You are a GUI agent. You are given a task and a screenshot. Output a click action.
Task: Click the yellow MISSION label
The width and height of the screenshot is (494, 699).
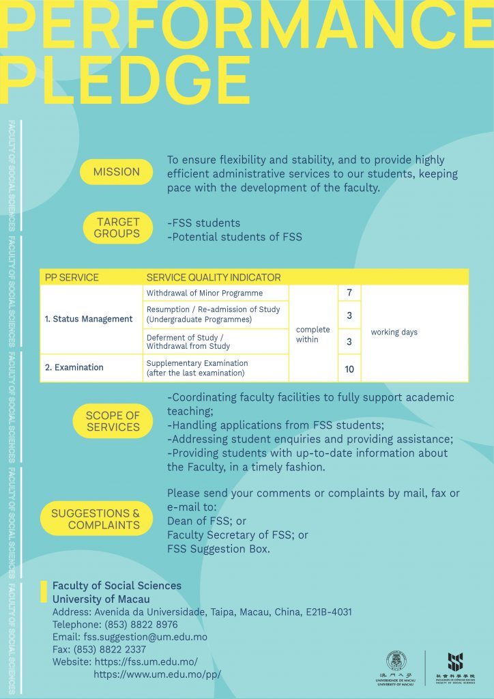click(116, 172)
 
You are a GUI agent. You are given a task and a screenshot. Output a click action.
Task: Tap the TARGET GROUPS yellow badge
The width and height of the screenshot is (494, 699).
click(117, 228)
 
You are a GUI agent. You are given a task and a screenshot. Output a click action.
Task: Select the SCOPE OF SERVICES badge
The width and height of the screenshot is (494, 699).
click(113, 421)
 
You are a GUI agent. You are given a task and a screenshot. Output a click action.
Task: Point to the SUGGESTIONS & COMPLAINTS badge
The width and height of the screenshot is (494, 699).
click(96, 519)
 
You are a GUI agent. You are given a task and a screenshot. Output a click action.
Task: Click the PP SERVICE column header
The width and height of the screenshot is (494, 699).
click(72, 277)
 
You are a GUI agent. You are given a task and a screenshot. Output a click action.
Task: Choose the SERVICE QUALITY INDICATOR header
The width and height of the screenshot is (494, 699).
click(214, 277)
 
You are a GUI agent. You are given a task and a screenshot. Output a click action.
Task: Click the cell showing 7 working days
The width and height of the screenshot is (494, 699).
click(349, 293)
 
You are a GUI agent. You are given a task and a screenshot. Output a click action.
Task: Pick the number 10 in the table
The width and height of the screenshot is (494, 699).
click(349, 369)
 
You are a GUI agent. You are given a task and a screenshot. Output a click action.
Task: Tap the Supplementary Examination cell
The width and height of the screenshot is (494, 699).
click(197, 368)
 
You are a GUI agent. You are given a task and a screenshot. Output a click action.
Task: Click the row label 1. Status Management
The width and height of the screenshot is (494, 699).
click(89, 319)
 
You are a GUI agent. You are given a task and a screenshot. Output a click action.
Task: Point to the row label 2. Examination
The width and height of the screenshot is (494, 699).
click(74, 367)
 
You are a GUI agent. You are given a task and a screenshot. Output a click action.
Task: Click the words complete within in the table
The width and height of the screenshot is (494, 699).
click(313, 334)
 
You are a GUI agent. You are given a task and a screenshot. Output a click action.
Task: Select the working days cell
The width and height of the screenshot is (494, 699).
click(394, 332)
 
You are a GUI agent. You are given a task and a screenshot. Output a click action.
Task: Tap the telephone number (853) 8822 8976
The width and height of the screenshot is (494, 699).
click(141, 625)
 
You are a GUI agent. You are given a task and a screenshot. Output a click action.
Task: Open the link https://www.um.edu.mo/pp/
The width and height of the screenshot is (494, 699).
click(157, 674)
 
